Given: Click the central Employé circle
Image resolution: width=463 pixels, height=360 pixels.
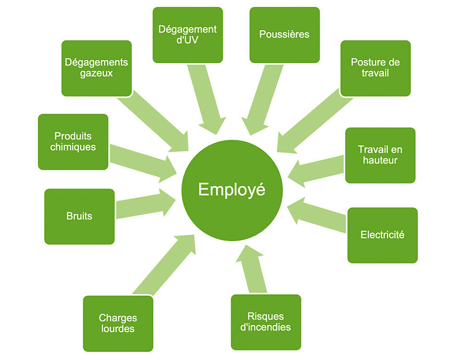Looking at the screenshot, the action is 232,190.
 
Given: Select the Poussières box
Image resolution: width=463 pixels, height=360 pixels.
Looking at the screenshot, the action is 285,35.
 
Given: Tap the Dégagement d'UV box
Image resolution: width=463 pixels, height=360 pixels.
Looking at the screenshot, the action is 188,35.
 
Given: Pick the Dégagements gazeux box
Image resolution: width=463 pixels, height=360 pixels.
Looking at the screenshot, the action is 97,68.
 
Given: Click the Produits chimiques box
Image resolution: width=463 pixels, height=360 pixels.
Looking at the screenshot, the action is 73,142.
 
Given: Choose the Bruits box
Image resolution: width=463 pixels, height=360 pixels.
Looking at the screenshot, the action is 79,217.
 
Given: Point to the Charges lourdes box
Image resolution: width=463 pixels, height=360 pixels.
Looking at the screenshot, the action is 118,323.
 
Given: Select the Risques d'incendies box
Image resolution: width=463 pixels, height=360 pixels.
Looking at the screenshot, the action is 266,322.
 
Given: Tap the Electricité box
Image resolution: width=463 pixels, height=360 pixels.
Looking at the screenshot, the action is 383,235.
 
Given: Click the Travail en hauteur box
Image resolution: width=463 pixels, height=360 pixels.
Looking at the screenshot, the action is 380,155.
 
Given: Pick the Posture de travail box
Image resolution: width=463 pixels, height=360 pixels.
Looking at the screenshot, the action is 376,68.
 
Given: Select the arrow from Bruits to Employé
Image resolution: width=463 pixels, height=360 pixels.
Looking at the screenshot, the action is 146,203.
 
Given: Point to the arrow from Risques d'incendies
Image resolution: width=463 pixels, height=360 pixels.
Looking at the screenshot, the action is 251,268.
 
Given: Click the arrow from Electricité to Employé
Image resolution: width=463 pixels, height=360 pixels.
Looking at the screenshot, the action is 316,215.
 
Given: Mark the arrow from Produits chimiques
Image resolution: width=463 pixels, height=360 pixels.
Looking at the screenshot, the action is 143,163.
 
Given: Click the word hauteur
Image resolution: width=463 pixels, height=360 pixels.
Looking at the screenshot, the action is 380,161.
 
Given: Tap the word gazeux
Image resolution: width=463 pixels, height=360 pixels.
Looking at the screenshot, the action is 97,74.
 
